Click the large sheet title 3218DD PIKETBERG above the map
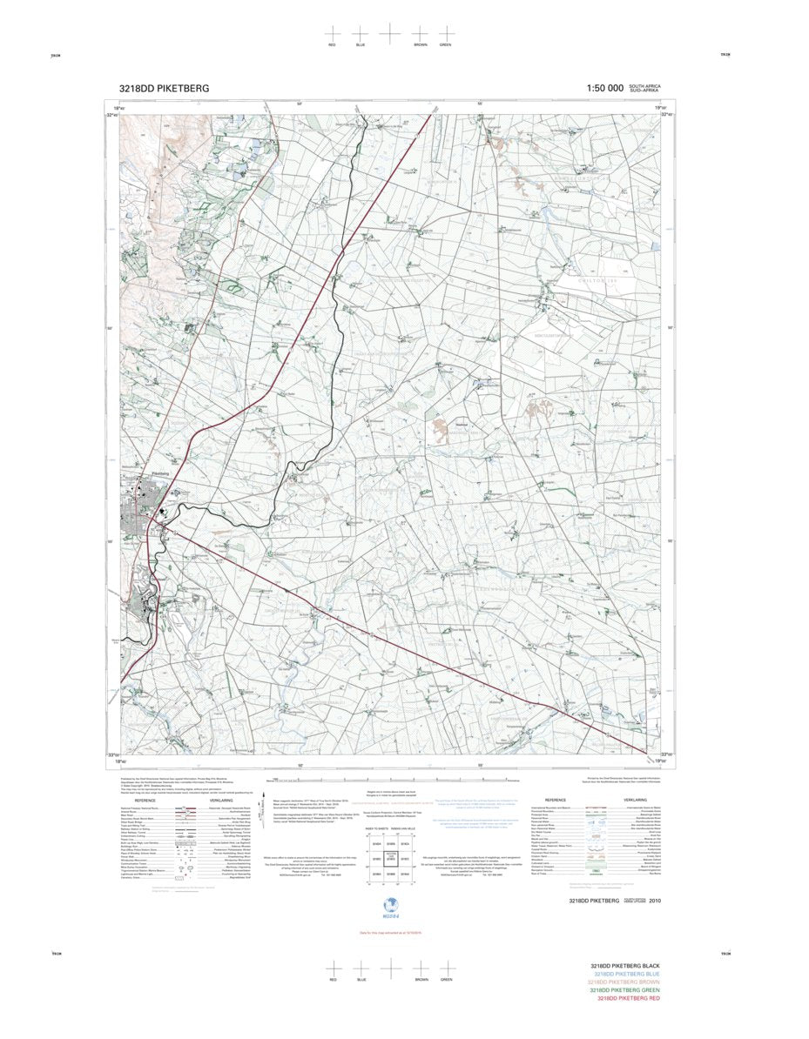click(164, 88)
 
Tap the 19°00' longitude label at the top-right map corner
click(661, 107)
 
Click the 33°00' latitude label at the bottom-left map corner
click(113, 754)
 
